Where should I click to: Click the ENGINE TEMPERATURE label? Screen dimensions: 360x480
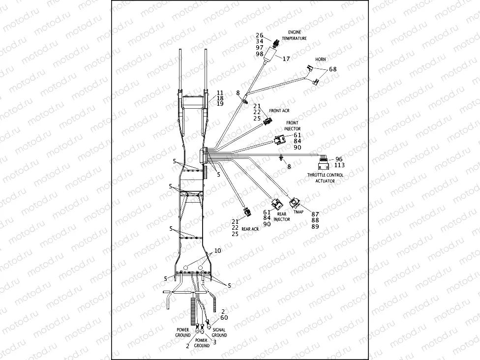point(298,35)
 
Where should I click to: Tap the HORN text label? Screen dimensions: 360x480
point(321,60)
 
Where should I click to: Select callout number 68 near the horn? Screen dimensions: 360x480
point(333,69)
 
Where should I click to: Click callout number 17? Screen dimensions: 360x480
point(286,58)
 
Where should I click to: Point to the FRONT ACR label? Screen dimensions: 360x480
point(279,111)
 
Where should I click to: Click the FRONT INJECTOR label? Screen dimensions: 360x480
point(292,126)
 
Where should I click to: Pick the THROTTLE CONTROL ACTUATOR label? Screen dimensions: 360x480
point(326,178)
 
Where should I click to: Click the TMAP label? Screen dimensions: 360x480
point(298,212)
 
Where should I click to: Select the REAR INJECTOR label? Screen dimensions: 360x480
point(282,217)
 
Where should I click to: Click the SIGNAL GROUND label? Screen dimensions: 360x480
point(219,332)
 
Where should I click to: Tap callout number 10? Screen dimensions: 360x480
point(217,251)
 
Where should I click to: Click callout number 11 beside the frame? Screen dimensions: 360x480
point(219,92)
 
